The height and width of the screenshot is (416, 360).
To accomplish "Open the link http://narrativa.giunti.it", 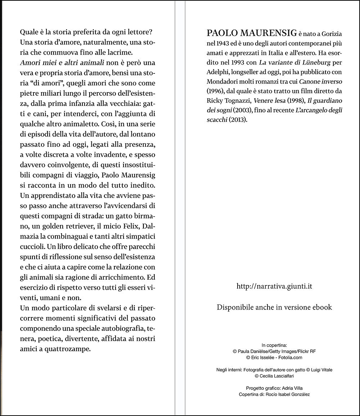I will click(274, 286).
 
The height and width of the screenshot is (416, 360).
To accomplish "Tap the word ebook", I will click(323, 307).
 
